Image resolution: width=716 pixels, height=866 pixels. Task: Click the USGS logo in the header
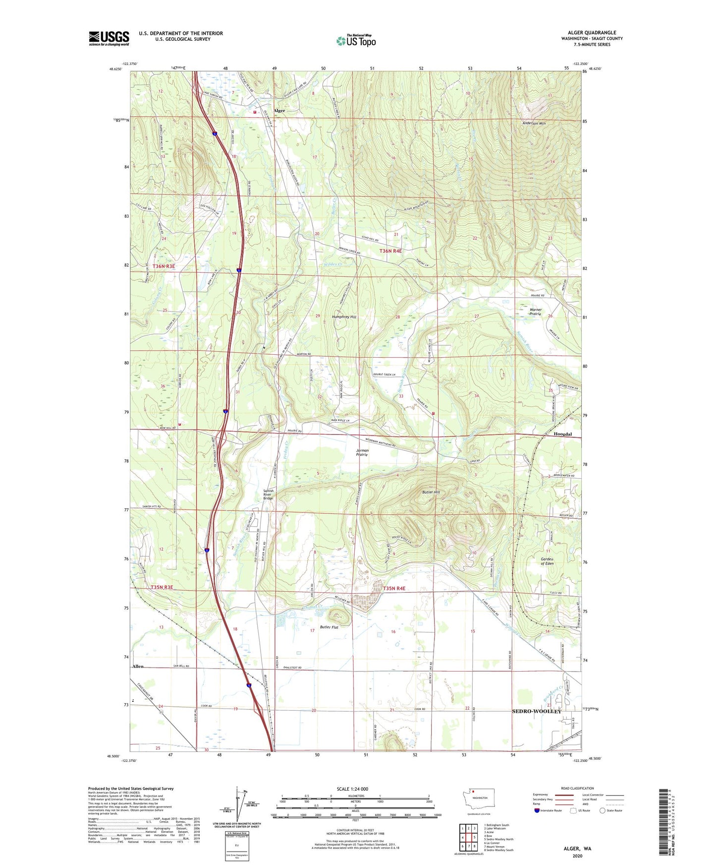109,38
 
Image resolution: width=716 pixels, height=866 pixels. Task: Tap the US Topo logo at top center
356,41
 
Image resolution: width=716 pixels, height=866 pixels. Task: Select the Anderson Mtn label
534,123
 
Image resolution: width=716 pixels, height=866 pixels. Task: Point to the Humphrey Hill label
344,316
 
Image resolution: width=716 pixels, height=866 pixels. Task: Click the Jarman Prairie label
362,453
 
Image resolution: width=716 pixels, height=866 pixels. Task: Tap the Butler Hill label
431,492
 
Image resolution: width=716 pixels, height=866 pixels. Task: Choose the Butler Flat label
329,627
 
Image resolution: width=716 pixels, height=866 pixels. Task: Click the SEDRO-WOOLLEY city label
537,711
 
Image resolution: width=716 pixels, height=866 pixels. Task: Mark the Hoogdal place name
562,434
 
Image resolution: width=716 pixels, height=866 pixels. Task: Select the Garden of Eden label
547,561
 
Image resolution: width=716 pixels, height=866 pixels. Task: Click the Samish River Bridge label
268,495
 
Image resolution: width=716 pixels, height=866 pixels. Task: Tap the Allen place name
138,666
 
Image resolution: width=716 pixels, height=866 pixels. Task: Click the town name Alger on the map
279,111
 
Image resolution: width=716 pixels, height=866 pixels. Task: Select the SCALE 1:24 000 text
352,789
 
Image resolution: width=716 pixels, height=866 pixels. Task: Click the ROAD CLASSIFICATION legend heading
577,788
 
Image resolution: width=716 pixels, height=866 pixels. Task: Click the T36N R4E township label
390,251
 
